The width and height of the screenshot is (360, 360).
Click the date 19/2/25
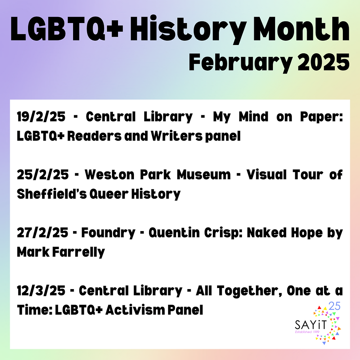tap(42, 117)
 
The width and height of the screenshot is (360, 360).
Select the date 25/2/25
tap(42, 175)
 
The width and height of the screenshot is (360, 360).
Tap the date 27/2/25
tap(42, 233)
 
